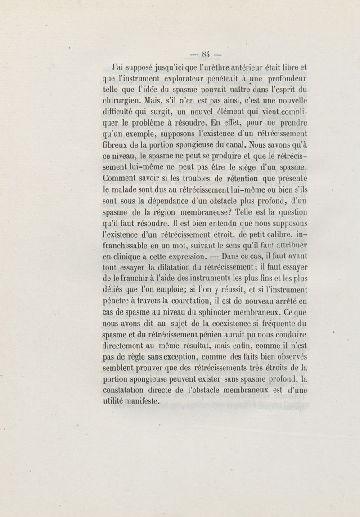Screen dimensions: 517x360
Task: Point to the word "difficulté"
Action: tap(119, 112)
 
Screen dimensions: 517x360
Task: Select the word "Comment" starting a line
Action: tap(118, 179)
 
